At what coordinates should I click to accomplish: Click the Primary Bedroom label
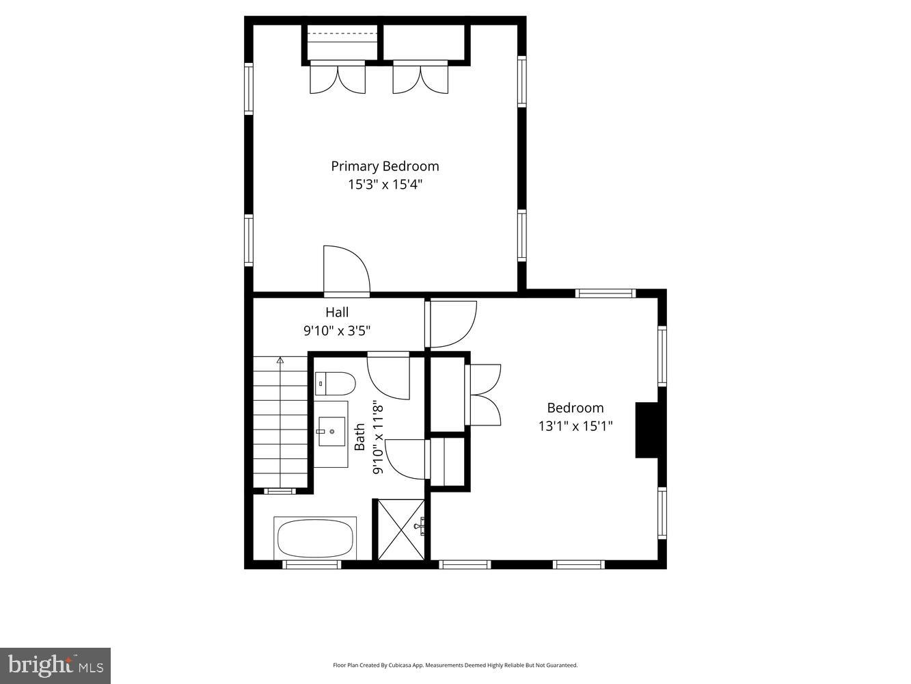(385, 166)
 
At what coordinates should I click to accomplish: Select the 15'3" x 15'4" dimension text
(385, 184)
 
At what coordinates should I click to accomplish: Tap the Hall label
(337, 313)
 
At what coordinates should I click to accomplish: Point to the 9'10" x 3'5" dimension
(337, 331)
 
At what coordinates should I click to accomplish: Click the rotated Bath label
(359, 436)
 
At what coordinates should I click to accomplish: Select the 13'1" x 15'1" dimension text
(575, 426)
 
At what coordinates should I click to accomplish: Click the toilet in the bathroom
(335, 384)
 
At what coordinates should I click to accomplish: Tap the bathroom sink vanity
(331, 434)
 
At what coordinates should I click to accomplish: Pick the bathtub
(315, 539)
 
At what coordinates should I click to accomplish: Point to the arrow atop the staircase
(280, 360)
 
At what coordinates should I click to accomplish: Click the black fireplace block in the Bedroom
(647, 430)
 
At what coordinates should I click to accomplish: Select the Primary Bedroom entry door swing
(346, 270)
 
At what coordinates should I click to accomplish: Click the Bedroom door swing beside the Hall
(451, 324)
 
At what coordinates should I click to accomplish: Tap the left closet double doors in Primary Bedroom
(338, 77)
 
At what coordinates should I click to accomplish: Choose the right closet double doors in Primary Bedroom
(420, 77)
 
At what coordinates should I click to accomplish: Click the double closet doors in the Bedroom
(484, 395)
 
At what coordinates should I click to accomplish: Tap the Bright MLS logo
(55, 665)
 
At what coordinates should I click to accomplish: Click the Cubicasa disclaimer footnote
(455, 665)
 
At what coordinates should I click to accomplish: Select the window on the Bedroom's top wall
(606, 293)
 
